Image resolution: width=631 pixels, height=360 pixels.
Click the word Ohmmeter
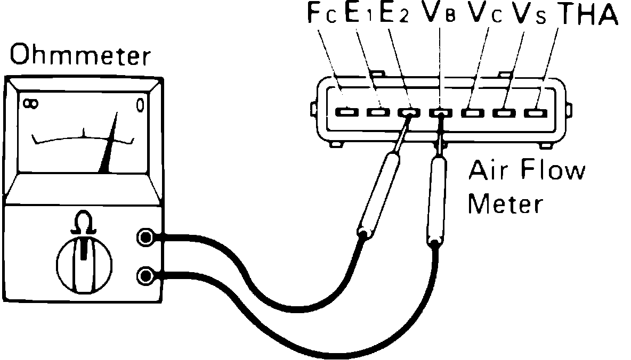79,55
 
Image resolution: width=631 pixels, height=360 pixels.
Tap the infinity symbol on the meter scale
30,103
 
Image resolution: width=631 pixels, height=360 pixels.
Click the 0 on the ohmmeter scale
140,104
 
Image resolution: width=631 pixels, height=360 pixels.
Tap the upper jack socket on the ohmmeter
145,238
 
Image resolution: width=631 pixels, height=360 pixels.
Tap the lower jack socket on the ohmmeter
145,275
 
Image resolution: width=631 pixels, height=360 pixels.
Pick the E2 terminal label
393,15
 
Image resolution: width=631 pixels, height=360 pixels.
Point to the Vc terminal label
484,15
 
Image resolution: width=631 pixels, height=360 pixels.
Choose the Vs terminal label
528,15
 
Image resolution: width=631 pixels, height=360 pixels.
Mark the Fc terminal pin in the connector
346,112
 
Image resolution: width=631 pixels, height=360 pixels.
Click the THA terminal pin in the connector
533,112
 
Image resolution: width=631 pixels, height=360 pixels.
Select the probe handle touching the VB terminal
438,200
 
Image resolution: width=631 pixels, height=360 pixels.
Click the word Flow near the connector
555,172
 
